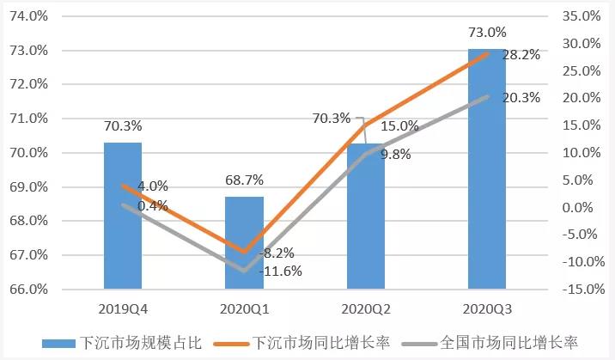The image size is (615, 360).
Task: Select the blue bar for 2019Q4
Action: [123, 241]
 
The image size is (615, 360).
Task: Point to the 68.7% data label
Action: [244, 180]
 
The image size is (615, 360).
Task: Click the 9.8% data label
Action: [396, 156]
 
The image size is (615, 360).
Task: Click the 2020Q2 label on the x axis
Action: [366, 307]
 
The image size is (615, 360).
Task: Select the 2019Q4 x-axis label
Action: [123, 307]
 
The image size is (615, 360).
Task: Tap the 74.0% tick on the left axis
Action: [30, 16]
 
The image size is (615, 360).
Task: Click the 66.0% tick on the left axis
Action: [30, 290]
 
